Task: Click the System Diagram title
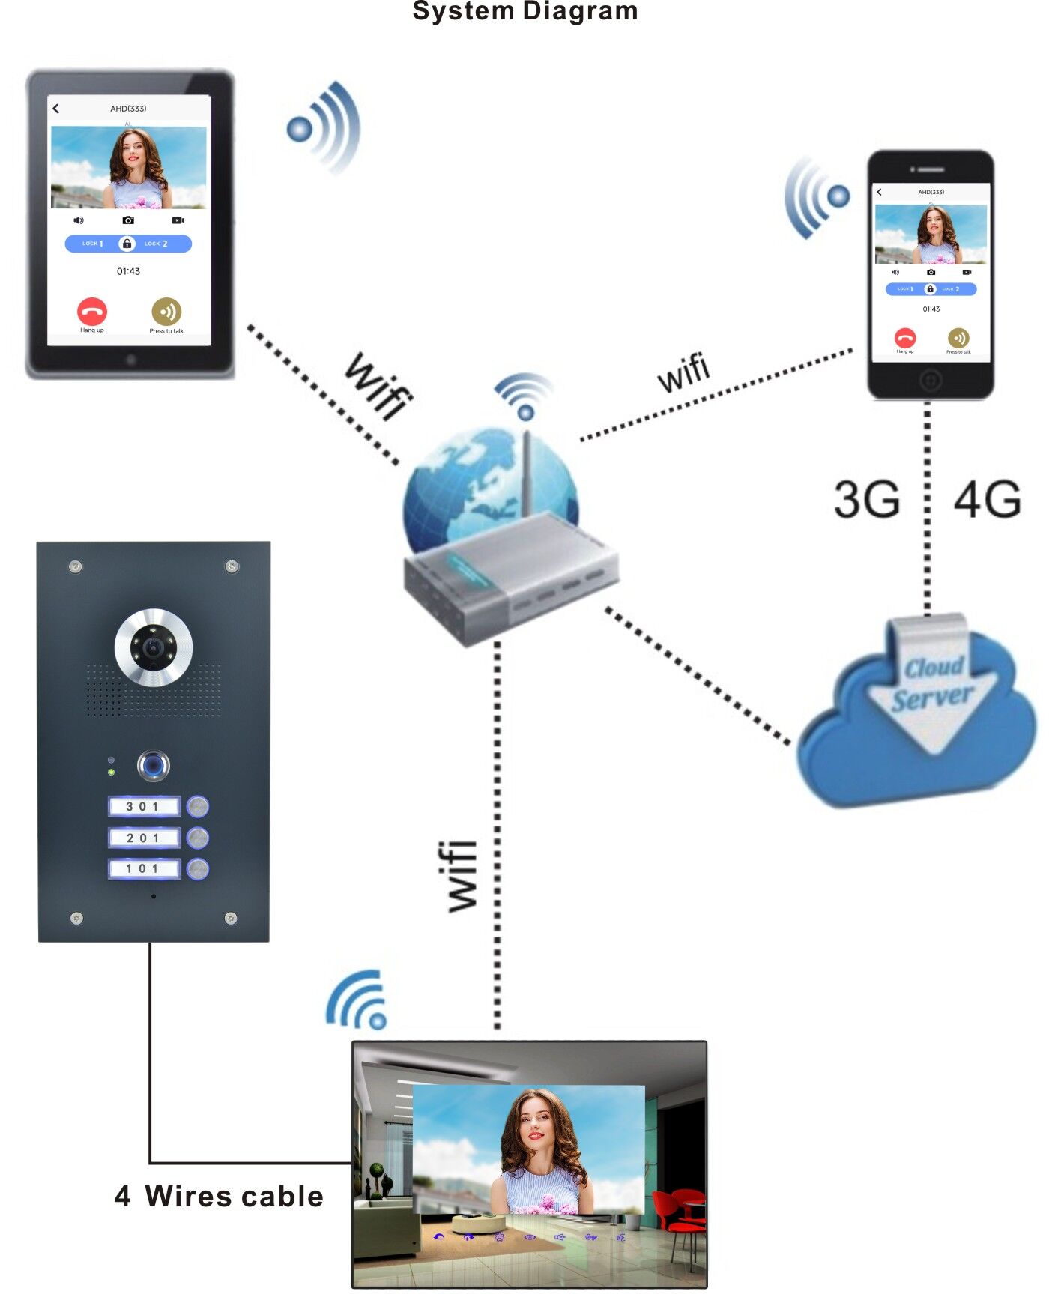[524, 11]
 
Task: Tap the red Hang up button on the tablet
[92, 311]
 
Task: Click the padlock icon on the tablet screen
[127, 244]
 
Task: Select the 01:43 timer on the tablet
[128, 271]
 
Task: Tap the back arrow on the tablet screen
[56, 109]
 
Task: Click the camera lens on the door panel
[154, 647]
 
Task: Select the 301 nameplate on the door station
[143, 807]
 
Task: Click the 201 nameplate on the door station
[143, 838]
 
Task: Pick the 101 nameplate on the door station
[143, 868]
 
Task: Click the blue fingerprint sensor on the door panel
[154, 765]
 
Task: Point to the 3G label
[867, 500]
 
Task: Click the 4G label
[987, 500]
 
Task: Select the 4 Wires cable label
[219, 1197]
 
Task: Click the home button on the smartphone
[930, 381]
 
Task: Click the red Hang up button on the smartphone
[905, 337]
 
